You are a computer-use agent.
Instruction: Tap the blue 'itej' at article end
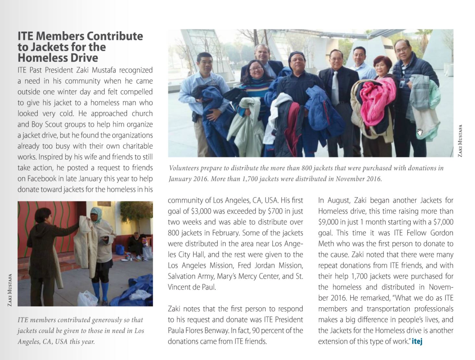tap(417, 341)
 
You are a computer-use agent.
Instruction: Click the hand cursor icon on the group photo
tap(420, 132)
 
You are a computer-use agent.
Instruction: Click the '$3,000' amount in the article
tap(201, 211)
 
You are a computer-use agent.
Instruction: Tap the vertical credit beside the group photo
tap(460, 141)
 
